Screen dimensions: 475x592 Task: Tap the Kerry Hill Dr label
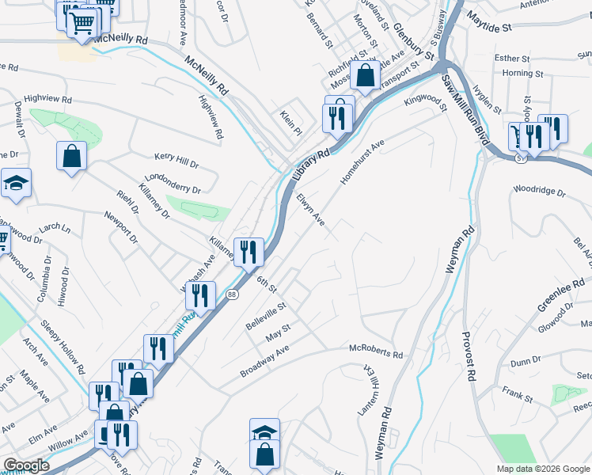tap(176, 161)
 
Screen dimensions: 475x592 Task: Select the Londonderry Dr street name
tap(173, 184)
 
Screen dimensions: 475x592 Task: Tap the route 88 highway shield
tap(232, 294)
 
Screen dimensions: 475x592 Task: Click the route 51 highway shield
tap(518, 158)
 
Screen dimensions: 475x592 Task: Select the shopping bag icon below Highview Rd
tap(71, 155)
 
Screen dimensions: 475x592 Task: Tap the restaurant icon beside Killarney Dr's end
tap(249, 252)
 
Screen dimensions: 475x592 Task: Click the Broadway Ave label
tap(264, 359)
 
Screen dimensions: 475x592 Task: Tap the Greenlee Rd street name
tap(561, 294)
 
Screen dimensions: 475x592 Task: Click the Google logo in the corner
tap(26, 465)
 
